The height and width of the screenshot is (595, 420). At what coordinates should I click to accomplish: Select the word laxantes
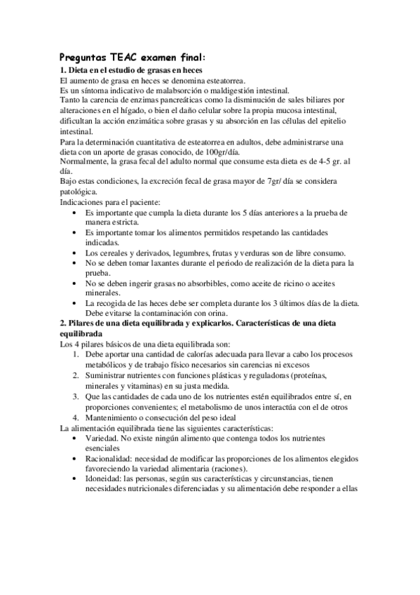[x=162, y=262]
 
